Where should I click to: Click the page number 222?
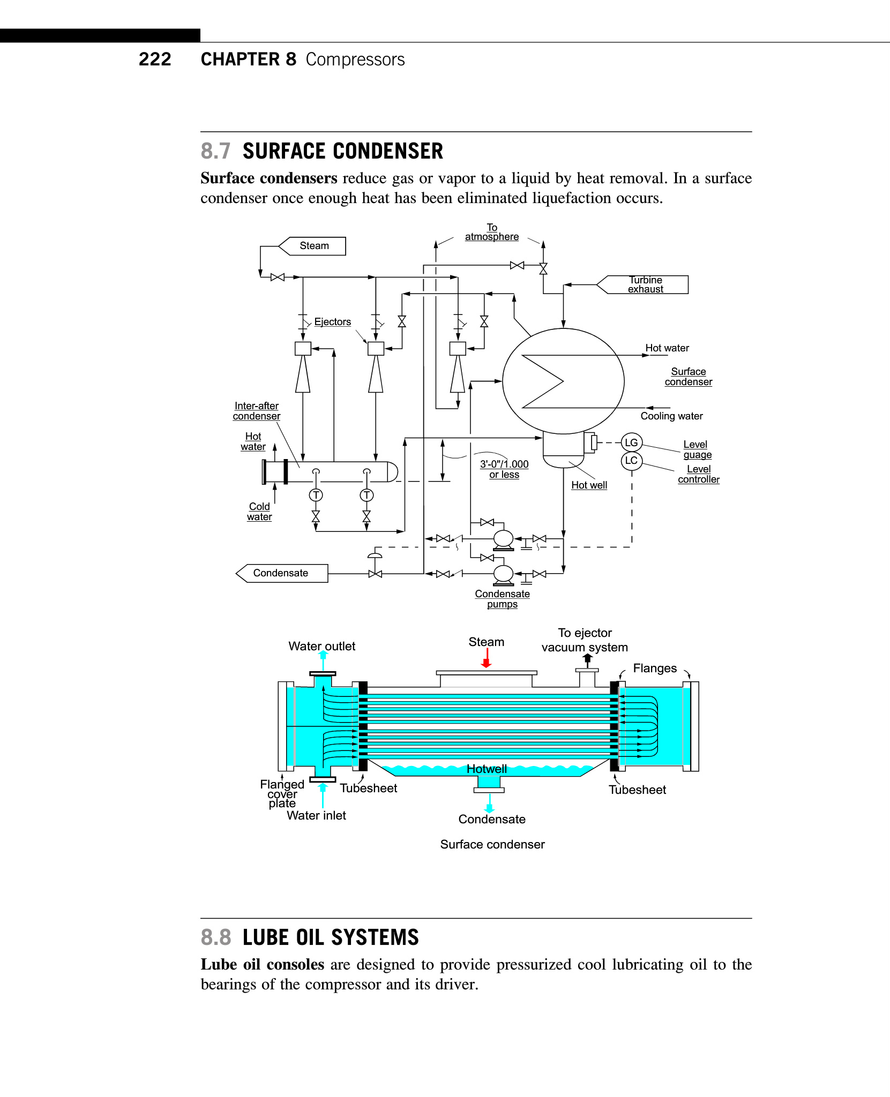click(155, 59)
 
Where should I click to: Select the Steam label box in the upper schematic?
click(313, 246)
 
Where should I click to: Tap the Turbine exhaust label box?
click(645, 284)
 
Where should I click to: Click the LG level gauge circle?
click(631, 442)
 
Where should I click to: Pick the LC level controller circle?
click(631, 461)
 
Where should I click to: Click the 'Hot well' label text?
click(589, 485)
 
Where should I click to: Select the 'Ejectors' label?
click(332, 322)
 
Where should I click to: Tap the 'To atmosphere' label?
click(491, 232)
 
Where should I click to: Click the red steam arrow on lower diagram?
click(487, 658)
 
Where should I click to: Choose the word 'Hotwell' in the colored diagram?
click(487, 769)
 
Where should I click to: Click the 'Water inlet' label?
click(316, 816)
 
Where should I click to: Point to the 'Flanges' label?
click(655, 668)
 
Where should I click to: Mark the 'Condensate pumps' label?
click(502, 599)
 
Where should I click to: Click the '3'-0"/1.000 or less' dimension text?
click(504, 469)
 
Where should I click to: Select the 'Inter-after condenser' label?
click(256, 411)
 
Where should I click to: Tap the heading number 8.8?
click(216, 938)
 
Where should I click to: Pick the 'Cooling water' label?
click(671, 416)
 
